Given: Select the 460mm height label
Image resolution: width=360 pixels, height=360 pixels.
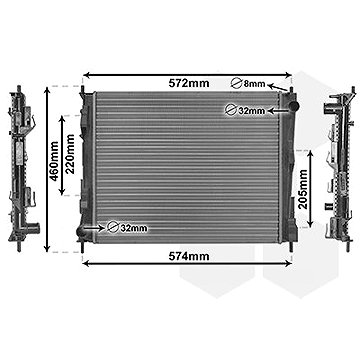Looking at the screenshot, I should (x=54, y=160).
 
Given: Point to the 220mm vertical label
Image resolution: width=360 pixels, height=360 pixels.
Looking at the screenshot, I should (x=70, y=154).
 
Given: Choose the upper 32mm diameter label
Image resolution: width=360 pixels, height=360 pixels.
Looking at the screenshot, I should (x=251, y=110).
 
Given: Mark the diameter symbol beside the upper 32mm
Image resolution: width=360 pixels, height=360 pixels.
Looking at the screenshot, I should (x=231, y=110).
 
